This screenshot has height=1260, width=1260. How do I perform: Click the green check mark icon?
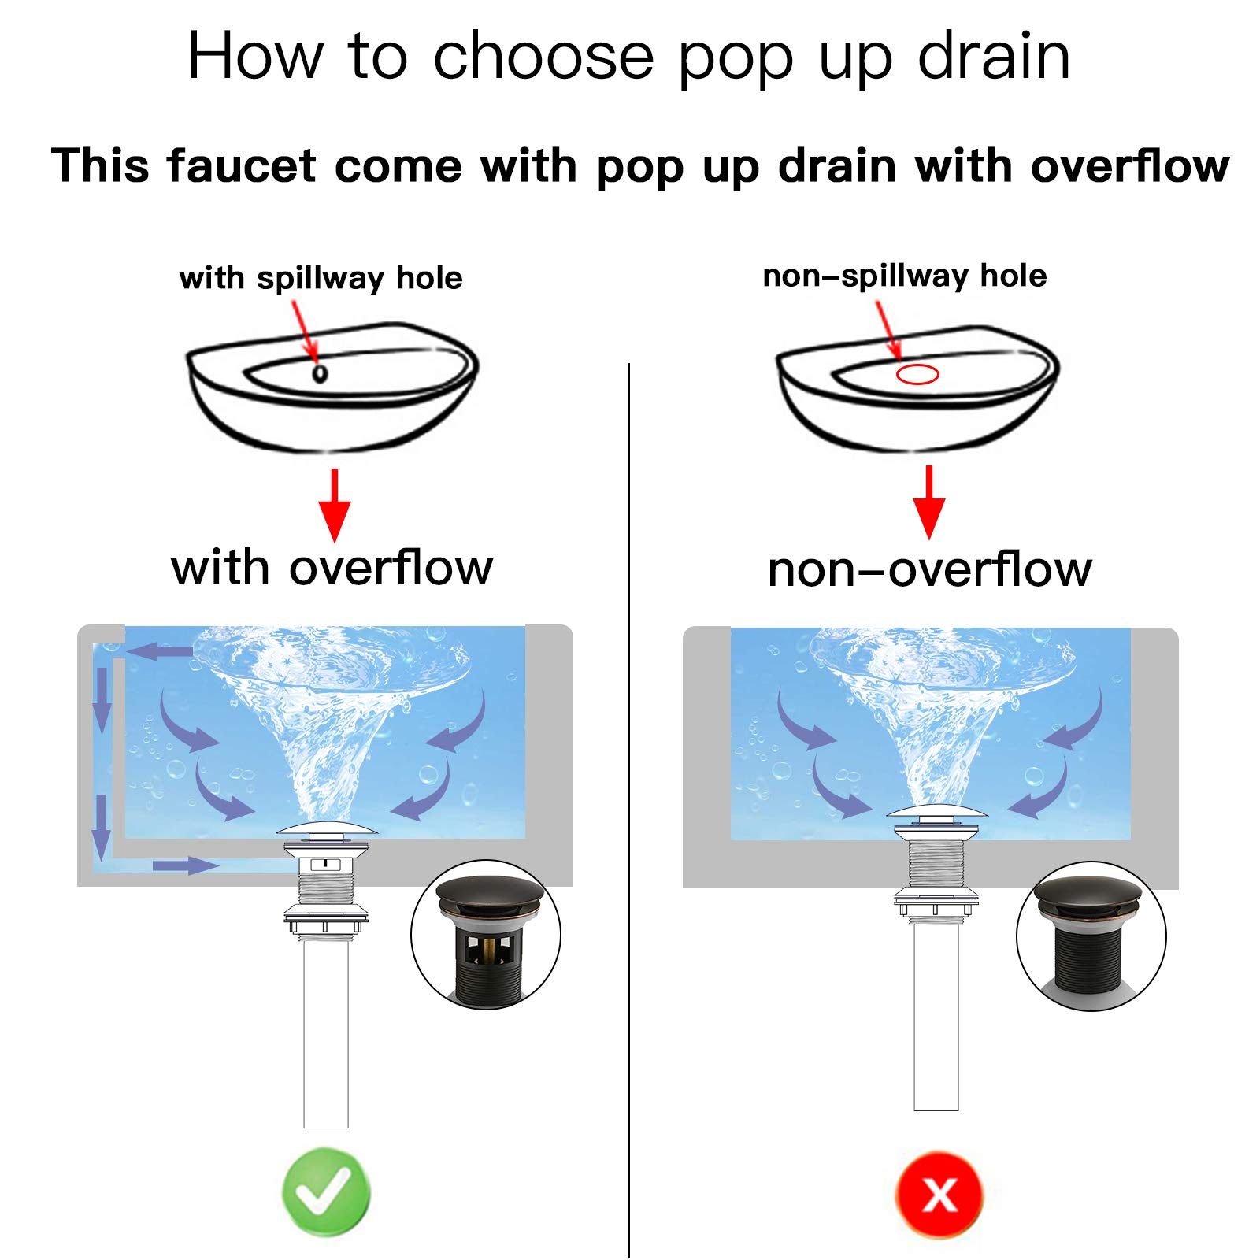(x=326, y=1191)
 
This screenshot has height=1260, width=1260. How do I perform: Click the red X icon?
(x=939, y=1195)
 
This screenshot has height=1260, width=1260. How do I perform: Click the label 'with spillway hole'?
(x=321, y=278)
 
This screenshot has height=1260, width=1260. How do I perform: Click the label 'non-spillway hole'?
(x=905, y=276)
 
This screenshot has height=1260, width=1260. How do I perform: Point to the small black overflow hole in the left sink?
(x=320, y=372)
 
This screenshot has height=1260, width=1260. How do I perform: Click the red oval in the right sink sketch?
(x=917, y=374)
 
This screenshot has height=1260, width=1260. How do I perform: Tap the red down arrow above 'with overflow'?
(x=335, y=505)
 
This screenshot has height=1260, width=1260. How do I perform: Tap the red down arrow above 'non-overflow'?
(x=929, y=502)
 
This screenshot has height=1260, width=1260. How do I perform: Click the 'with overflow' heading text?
(x=332, y=568)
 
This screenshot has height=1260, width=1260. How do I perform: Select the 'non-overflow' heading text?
(x=930, y=569)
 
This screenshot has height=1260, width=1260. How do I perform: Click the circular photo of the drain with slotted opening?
(x=486, y=935)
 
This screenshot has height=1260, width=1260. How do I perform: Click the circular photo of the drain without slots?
(x=1091, y=936)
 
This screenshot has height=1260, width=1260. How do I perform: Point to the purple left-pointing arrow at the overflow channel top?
(x=160, y=651)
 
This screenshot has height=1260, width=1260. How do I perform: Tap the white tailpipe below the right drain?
(x=936, y=1016)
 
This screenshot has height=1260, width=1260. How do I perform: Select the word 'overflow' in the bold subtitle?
(x=1130, y=166)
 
